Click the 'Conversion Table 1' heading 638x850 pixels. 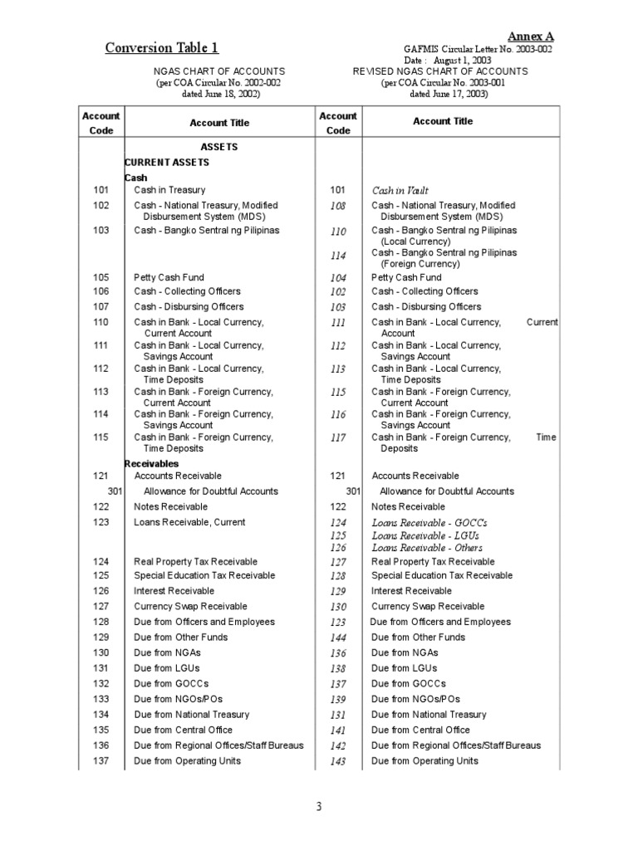162,48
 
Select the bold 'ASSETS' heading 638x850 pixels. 219,147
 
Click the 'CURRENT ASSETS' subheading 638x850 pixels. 171,162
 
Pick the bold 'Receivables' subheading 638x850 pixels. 152,463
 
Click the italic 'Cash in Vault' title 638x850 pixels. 400,190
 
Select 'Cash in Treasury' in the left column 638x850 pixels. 169,190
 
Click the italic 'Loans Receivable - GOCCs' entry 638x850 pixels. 429,523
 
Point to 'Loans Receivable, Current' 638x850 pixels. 189,522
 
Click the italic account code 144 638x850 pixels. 338,637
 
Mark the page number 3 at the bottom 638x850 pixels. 318,806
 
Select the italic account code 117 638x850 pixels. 338,438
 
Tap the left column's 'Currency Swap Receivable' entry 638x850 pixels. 191,606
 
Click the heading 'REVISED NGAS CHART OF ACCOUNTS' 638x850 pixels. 440,72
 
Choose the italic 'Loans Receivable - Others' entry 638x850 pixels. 427,548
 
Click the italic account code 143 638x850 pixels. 338,761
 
